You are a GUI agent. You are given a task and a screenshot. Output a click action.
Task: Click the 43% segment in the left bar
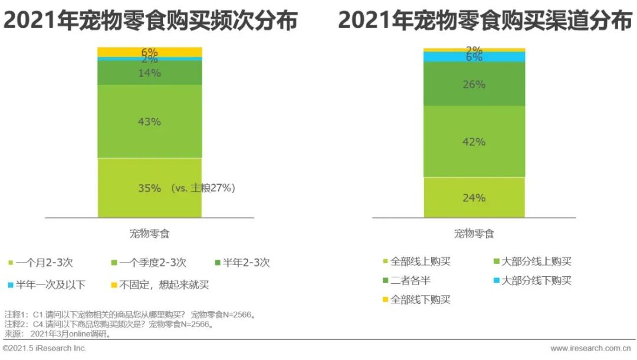click(149, 121)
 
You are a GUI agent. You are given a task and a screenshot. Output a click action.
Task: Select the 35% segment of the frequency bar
click(149, 188)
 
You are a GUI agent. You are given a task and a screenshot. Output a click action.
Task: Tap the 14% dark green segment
click(149, 73)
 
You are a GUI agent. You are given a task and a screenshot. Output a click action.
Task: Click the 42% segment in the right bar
click(474, 142)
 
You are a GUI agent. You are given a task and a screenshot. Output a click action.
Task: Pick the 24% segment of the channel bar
click(474, 198)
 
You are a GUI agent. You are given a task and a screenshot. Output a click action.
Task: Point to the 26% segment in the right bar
click(474, 84)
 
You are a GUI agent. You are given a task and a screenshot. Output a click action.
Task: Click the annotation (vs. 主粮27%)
click(204, 188)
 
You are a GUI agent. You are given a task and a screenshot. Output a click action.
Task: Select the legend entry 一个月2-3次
click(44, 263)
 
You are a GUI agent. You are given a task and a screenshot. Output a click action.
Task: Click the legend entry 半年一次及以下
click(50, 285)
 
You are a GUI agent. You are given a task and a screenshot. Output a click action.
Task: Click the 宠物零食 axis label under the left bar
click(149, 234)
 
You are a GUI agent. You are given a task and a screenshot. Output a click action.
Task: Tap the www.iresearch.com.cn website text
click(593, 348)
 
